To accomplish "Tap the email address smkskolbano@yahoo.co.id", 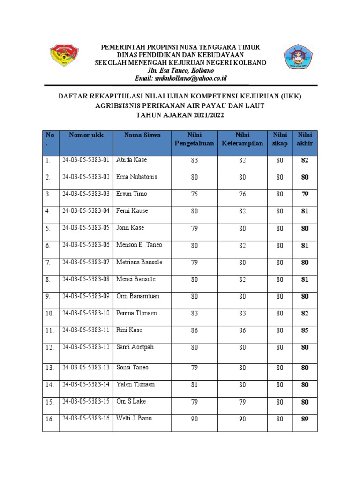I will pos(180,78).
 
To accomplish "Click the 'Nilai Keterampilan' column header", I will pos(242,139).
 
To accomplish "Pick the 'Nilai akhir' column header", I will pos(305,139).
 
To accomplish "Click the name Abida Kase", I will pos(131,160).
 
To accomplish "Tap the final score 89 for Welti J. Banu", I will pos(305,419).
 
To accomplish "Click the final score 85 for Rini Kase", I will pos(305,331).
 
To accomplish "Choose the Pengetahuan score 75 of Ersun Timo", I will pos(195,194).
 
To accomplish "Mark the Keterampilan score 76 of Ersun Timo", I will pos(242,194).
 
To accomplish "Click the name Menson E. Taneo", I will pos(139,245).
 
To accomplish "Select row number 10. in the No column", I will pos(50,314).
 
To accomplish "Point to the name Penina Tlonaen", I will pos(136,313).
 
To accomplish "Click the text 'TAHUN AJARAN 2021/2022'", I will pos(180,114).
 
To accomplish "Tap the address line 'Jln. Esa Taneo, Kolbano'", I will pos(180,70).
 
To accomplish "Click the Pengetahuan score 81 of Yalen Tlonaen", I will pos(195,385).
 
